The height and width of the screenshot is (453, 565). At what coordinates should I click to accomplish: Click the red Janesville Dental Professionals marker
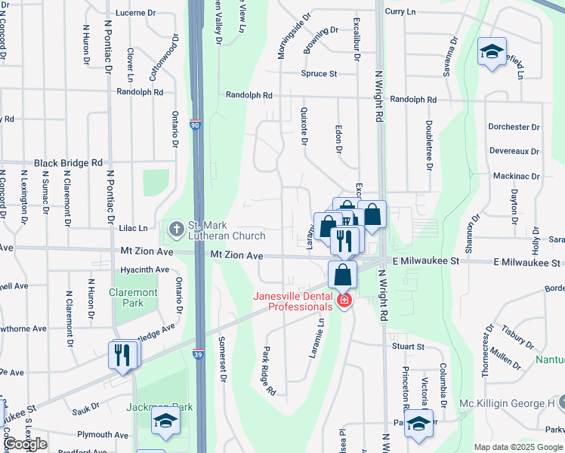[x=344, y=301]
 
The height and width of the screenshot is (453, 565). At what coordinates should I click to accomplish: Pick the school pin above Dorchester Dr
[x=492, y=51]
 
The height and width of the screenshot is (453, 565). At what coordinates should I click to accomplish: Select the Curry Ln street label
[x=400, y=12]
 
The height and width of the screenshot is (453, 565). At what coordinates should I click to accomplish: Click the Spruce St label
[x=319, y=74]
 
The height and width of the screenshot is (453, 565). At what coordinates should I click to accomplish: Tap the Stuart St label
[x=408, y=347]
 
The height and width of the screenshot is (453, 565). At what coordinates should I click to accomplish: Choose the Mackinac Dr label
[x=515, y=177]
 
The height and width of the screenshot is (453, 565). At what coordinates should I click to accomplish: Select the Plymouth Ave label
[x=103, y=435]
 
